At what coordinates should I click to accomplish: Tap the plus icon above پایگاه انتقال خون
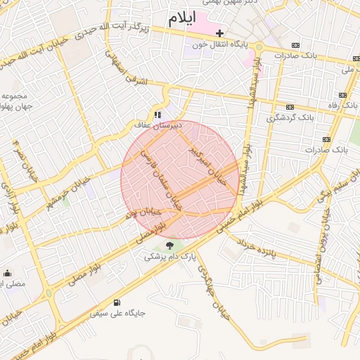[219, 33]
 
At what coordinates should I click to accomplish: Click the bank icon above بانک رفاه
[342, 95]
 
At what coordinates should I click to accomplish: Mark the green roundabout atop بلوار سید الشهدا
[259, 46]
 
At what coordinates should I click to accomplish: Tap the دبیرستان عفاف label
[158, 124]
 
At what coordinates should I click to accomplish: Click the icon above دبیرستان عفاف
[158, 114]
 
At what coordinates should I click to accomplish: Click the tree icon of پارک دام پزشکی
[169, 245]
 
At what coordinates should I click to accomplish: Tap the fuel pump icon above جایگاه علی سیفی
[117, 302]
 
